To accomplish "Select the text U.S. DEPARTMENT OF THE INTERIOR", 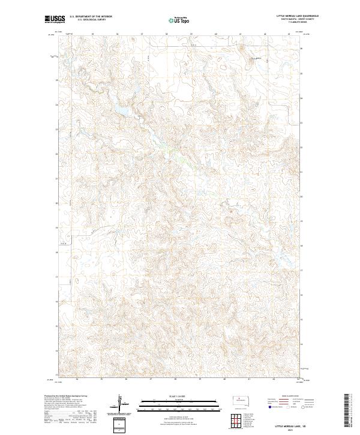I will pos(91,16).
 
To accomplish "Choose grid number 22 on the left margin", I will pos(56,155).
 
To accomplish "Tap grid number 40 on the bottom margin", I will pos(224,379).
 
